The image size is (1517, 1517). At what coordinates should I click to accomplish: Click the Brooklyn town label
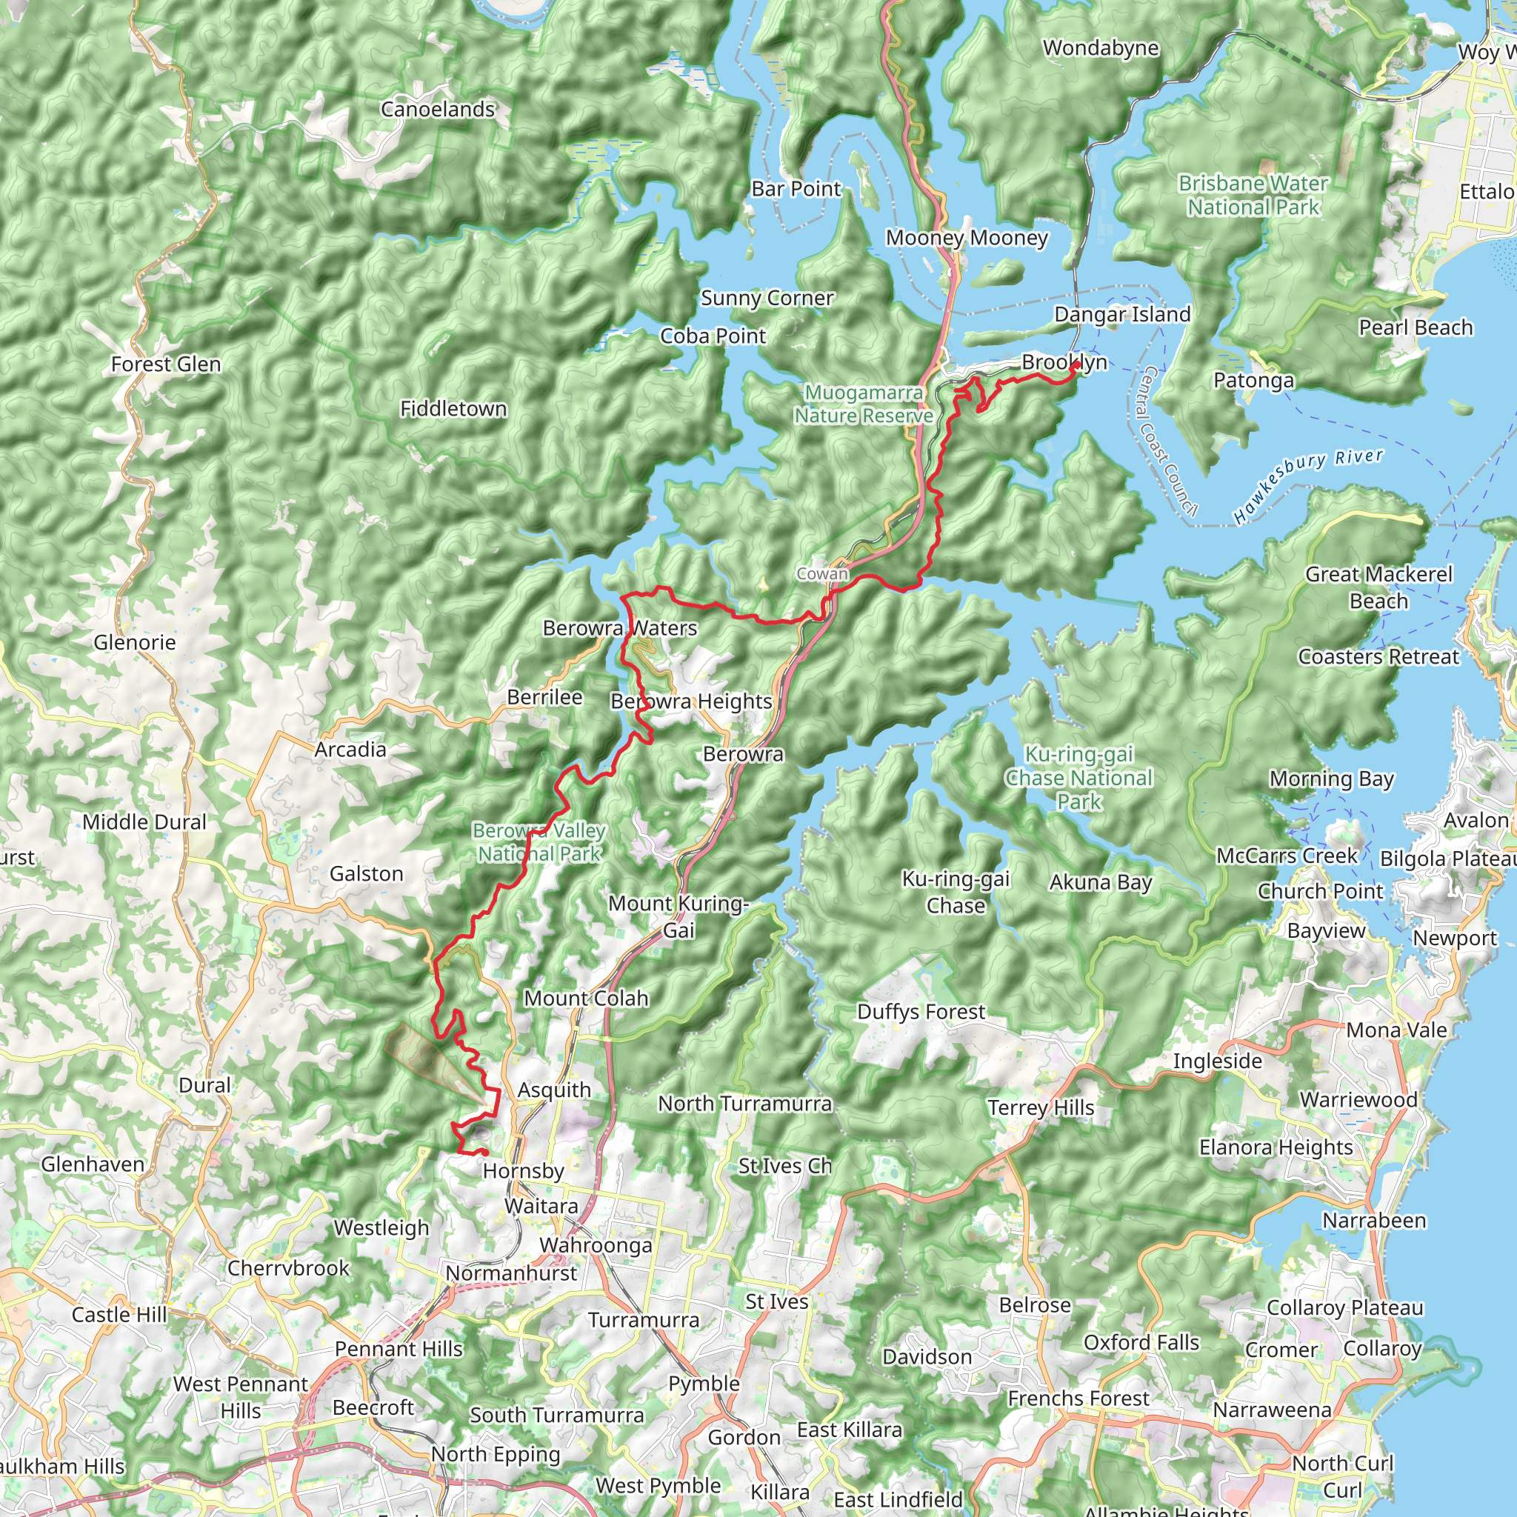pos(1064,362)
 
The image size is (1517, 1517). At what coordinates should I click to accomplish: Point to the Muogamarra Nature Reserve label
pos(863,404)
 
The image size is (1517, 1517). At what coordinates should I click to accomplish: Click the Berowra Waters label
pos(619,628)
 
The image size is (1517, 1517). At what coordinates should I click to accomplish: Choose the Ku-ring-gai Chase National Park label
pos(1078,777)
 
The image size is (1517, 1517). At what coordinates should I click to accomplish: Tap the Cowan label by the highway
pos(822,574)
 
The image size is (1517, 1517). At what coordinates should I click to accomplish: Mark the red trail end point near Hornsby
pos(484,1153)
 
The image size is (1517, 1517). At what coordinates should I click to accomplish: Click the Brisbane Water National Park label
pos(1253,195)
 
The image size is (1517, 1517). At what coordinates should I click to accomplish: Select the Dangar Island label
pos(1122,315)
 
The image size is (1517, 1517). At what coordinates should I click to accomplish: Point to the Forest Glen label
pos(166,364)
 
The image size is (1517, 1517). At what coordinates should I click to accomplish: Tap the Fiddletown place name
pos(453,409)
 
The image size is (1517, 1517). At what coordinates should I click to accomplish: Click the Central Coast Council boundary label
pos(1167,441)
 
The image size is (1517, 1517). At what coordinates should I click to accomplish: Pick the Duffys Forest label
pos(920,1011)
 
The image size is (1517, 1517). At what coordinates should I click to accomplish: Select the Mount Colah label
pos(586,998)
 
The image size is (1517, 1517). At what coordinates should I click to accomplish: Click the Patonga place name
pos(1253,381)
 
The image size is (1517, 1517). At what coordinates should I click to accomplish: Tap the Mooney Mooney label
pos(967,238)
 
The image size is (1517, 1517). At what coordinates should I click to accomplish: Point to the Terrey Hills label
pos(1041,1107)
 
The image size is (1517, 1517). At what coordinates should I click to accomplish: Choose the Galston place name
pos(366,874)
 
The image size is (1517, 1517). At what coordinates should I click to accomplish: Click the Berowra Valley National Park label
pos(539,841)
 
